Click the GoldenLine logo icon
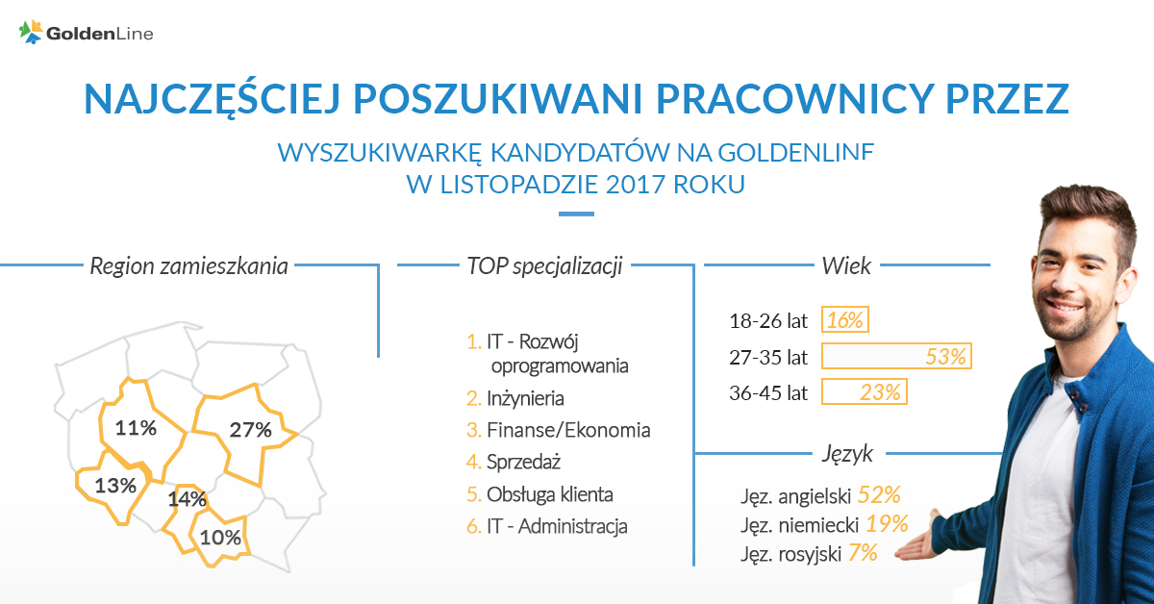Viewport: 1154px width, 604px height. tap(31, 32)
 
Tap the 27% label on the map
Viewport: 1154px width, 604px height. tap(250, 430)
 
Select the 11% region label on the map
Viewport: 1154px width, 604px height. tap(136, 428)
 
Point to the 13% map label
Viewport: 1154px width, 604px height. tap(115, 486)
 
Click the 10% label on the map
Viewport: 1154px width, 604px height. tap(220, 538)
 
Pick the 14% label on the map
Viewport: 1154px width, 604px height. tap(187, 499)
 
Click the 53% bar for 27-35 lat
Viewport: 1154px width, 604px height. tap(896, 356)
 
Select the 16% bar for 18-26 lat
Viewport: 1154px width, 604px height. tap(845, 319)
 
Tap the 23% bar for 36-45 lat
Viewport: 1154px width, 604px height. tap(864, 392)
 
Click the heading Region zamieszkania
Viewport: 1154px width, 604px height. tap(188, 265)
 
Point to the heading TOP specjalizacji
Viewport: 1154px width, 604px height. tap(544, 265)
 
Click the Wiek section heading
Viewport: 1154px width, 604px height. tap(846, 265)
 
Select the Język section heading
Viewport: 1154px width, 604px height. tap(847, 454)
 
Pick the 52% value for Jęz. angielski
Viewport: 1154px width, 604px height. tap(879, 494)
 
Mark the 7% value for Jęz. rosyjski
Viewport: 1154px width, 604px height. tap(863, 553)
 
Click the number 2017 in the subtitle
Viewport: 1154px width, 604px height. tap(636, 184)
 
